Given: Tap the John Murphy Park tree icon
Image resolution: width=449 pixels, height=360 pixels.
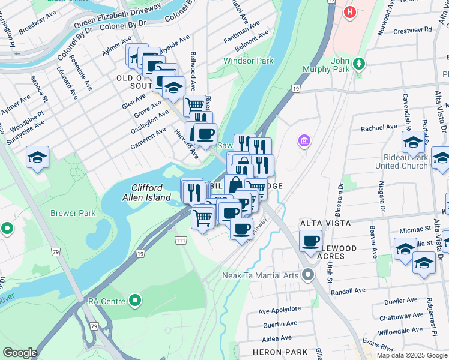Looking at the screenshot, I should [359, 63].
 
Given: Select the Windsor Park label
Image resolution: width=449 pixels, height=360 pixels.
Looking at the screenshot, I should [248, 61].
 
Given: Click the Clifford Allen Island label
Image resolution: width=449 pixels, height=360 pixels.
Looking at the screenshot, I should [146, 193].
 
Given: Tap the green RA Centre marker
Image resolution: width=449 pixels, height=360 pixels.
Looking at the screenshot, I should [136, 300].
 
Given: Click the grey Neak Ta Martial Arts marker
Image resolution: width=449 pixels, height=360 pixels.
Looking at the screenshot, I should [309, 275].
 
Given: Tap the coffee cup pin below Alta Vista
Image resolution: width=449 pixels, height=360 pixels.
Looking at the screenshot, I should [310, 241].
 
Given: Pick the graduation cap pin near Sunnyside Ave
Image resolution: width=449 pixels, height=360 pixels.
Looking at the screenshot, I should [37, 158].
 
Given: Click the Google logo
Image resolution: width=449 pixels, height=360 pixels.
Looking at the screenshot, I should [20, 353].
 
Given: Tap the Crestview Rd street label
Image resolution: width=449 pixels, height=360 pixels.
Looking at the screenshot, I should [412, 29].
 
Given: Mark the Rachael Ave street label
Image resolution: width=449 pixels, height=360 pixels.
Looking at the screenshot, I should [379, 128].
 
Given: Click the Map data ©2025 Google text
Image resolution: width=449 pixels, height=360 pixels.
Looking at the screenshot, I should [412, 355].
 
